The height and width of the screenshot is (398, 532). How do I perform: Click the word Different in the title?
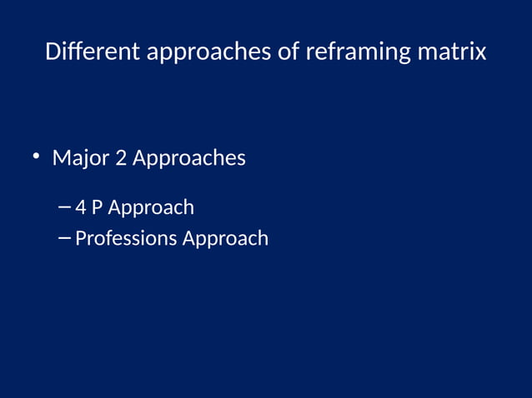coord(93,52)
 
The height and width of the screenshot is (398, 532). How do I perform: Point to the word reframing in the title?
coord(358,52)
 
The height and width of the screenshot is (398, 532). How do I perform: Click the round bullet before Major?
coord(36,156)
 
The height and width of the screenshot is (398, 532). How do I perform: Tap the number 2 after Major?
coord(121,157)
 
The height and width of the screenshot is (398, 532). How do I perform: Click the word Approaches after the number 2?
coord(188,158)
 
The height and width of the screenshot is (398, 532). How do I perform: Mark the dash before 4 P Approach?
coord(66,206)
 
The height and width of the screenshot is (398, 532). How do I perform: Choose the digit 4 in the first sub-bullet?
coord(81,206)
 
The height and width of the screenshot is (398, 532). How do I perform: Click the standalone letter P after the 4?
coord(97,206)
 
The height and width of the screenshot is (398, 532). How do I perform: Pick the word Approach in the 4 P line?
coord(151,207)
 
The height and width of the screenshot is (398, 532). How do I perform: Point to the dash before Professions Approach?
coord(66,238)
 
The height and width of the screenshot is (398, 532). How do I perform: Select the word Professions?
coord(126,238)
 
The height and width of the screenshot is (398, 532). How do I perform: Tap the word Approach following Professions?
coord(225,239)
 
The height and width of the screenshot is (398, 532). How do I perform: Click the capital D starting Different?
coord(53,52)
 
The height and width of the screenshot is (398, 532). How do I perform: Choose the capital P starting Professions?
coord(80,238)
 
